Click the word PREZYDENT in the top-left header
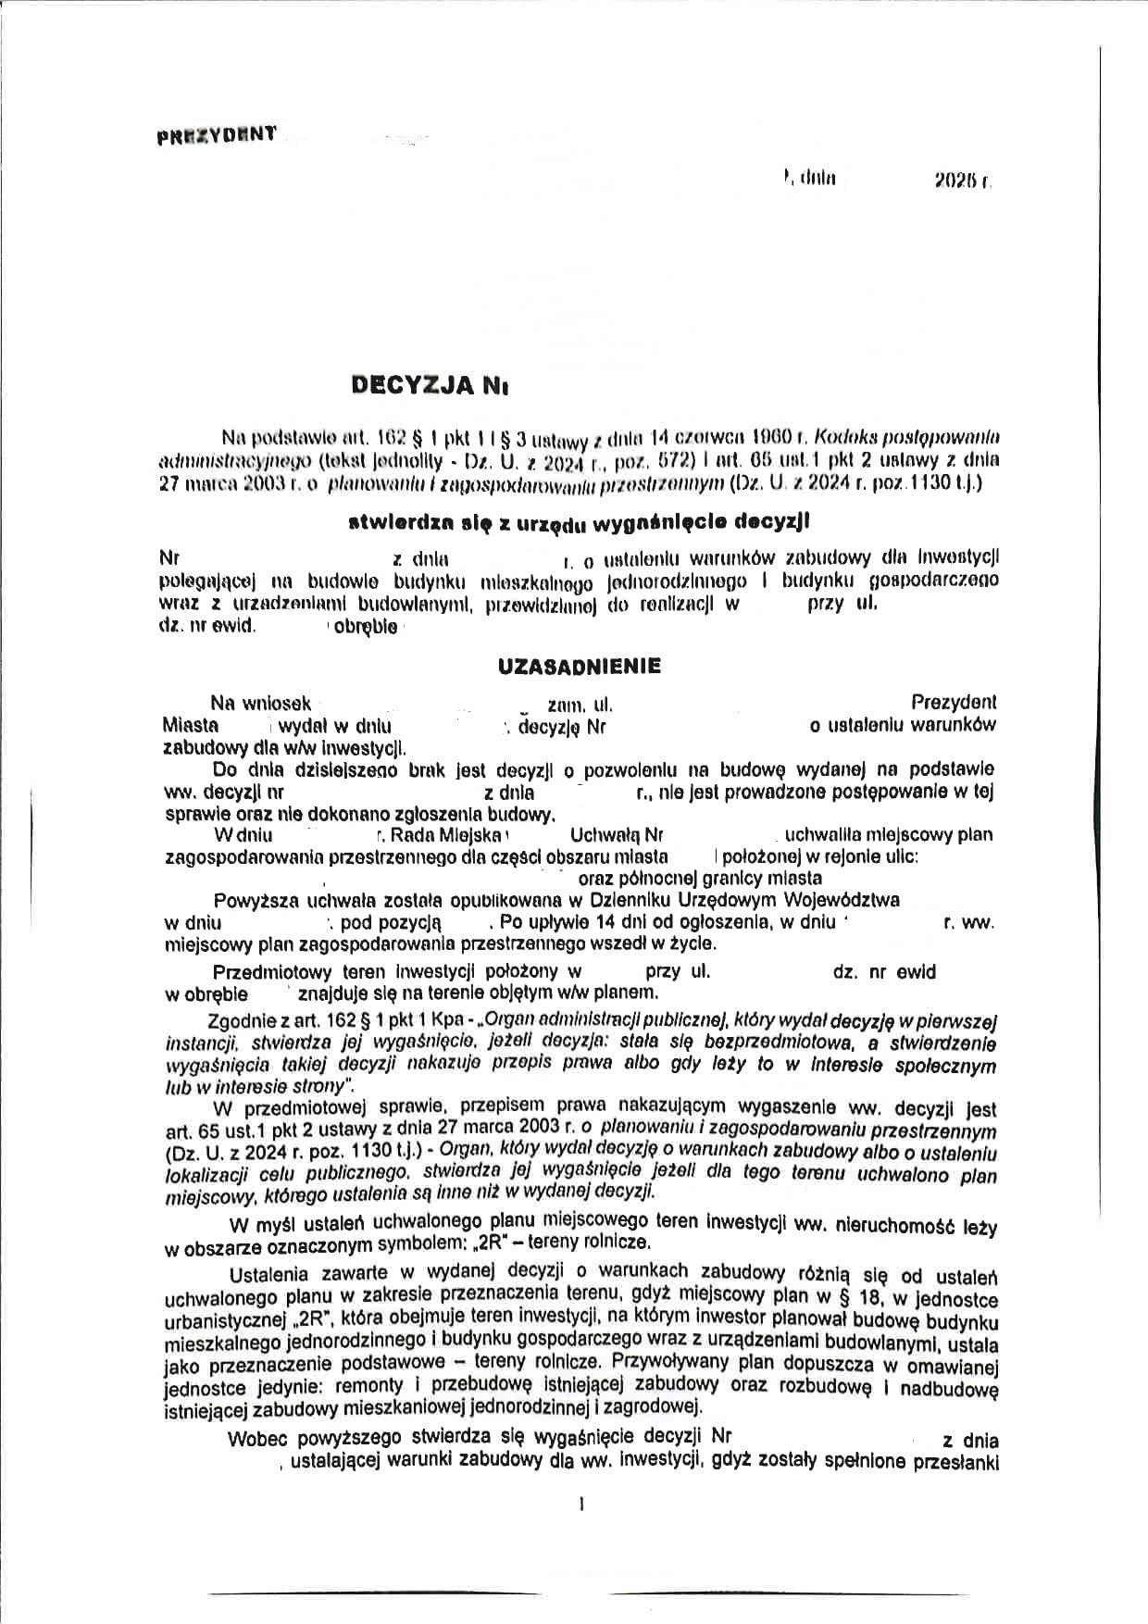pos(217,133)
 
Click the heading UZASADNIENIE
pos(580,666)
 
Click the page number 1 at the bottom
pos(580,1505)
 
